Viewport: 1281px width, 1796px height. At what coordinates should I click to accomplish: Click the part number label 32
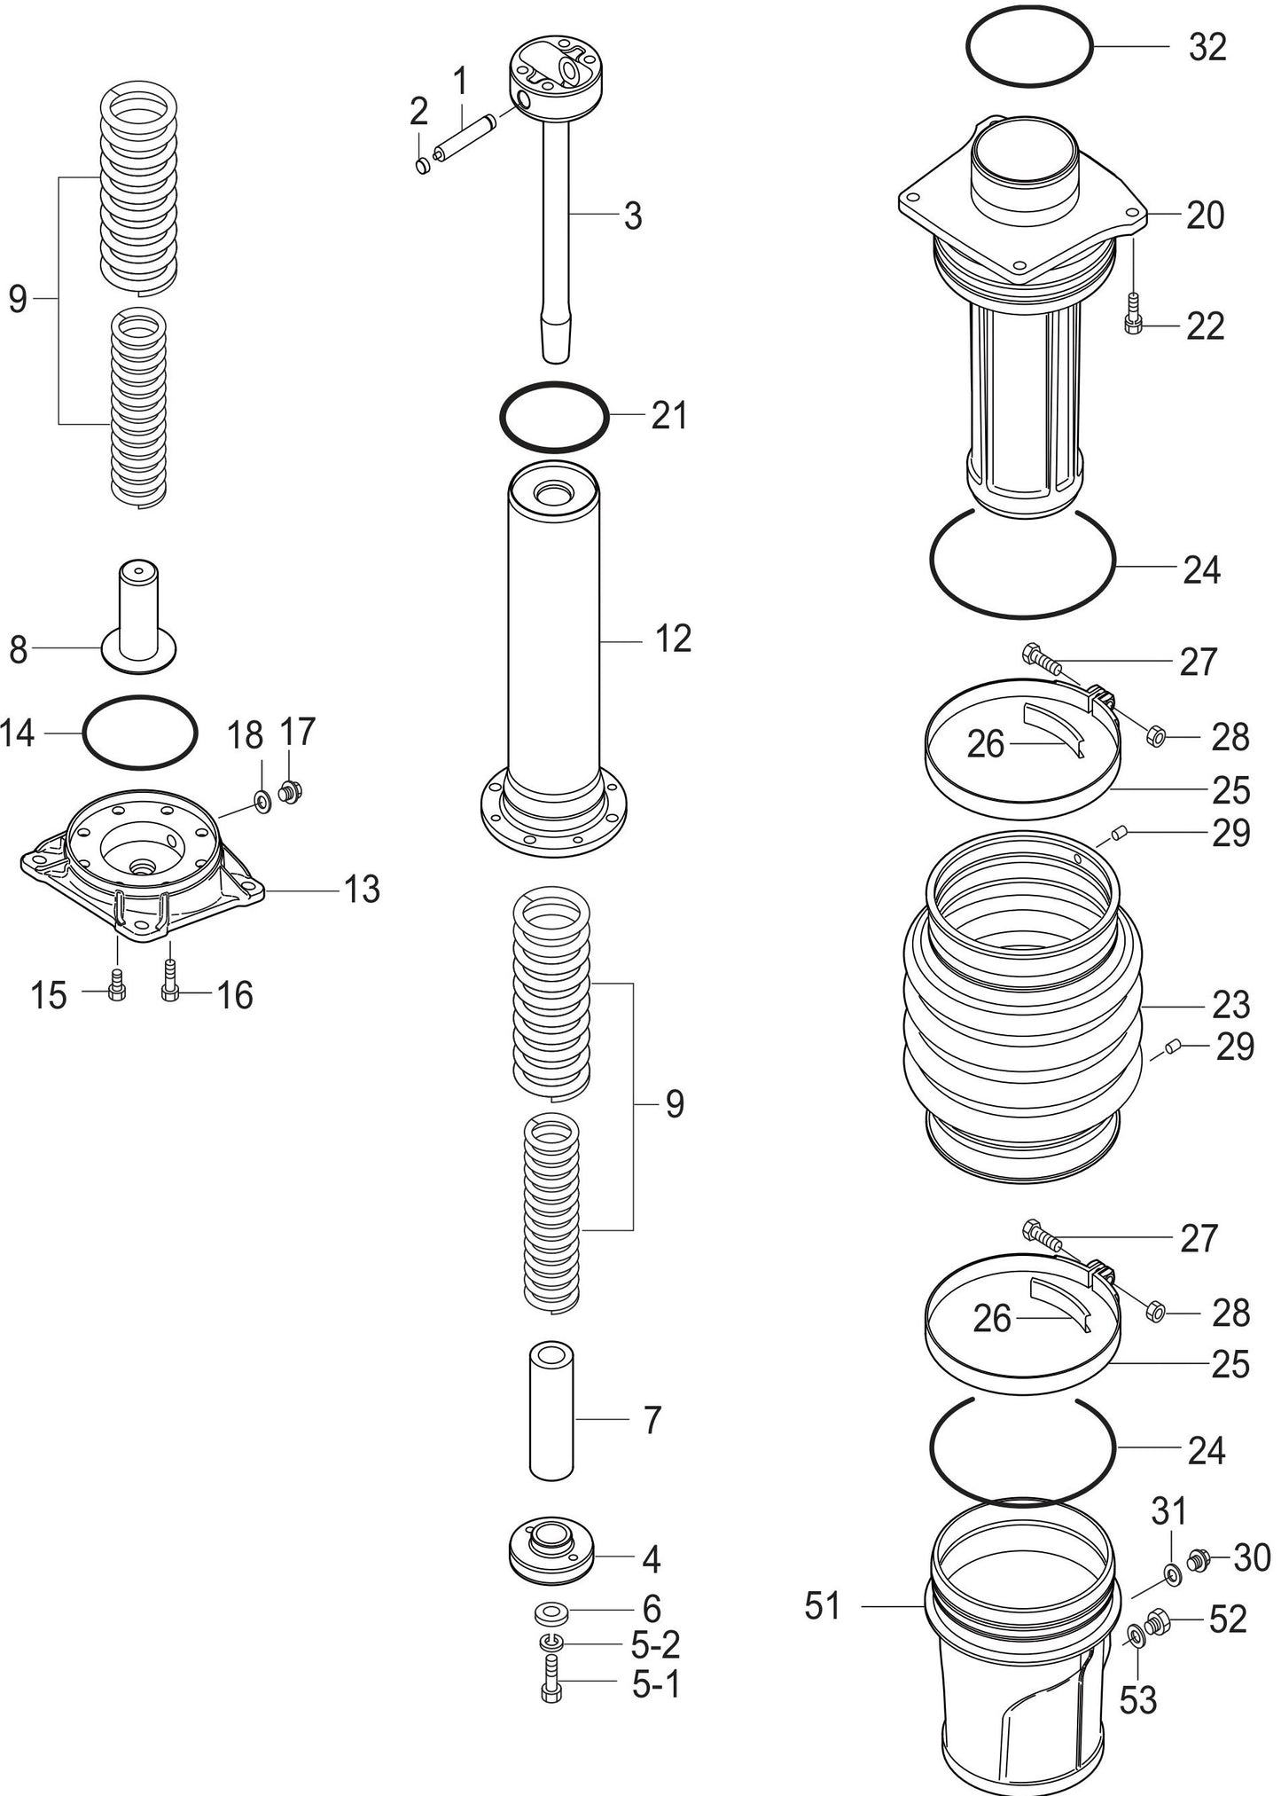coord(1207,47)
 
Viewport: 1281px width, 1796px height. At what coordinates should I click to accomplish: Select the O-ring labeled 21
coord(554,388)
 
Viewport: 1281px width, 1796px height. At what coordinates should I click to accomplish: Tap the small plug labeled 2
coord(423,165)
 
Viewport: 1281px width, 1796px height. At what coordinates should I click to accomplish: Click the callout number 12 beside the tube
coord(673,639)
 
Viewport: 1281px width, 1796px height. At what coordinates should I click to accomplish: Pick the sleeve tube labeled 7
coord(551,1409)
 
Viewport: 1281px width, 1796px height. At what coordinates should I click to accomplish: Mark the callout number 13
coord(362,889)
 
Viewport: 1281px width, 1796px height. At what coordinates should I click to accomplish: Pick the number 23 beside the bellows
coord(1230,1005)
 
